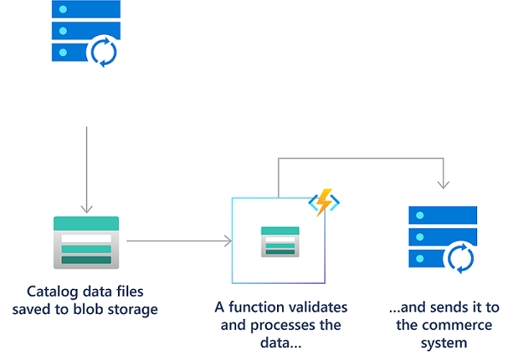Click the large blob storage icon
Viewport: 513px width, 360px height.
[85, 242]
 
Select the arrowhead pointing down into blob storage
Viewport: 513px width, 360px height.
[85, 208]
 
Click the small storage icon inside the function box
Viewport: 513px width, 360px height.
[280, 241]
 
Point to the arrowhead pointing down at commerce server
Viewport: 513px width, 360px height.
[442, 184]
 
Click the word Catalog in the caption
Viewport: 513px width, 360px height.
[51, 290]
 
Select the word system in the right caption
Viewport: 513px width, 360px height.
[443, 343]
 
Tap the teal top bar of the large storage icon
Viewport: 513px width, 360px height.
[85, 223]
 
